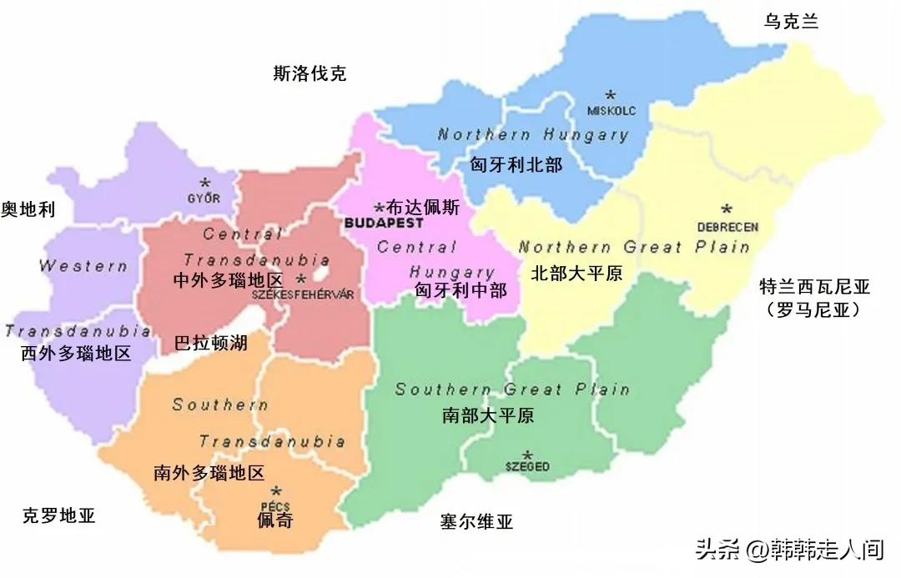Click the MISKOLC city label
point(612,109)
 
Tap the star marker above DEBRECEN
point(727,209)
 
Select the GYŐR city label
point(204,198)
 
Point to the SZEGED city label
point(527,467)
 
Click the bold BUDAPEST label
point(383,224)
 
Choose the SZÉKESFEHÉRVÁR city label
point(298,294)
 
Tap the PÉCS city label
point(275,505)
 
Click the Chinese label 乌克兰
point(791,23)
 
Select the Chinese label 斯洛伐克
point(310,74)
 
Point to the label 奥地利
point(28,209)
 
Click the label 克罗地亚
point(59,515)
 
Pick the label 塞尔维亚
point(476,523)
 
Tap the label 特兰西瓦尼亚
point(814,288)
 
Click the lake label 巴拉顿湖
point(210,343)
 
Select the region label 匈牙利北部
point(516,165)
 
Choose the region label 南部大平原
point(488,415)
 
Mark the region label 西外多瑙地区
point(76,353)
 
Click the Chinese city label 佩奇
point(275,521)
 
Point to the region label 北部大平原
point(576,274)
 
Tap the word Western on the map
point(83,266)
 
